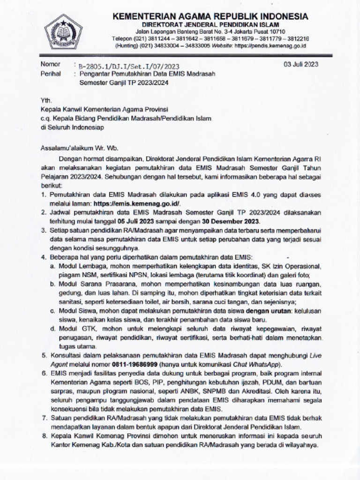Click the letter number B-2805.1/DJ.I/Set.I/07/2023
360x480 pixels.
pos(129,67)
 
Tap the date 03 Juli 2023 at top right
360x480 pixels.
pos(301,65)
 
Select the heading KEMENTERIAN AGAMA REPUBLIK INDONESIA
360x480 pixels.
pos(210,17)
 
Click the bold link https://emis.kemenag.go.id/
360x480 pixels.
pos(137,203)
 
